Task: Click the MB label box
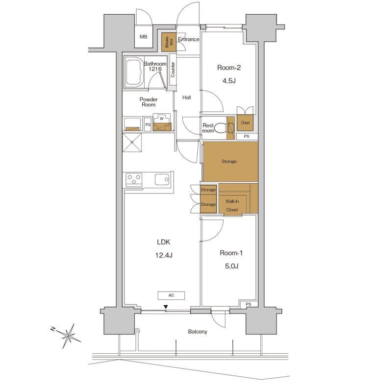pos(144,36)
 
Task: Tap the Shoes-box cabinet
pos(169,42)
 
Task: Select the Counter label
pos(173,70)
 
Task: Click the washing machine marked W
pos(162,122)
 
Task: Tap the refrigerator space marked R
pos(132,142)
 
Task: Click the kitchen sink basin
pos(162,179)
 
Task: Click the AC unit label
pos(171,295)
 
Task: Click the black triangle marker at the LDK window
pos(165,307)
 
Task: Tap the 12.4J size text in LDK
pos(164,255)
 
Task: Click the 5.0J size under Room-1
pos(231,266)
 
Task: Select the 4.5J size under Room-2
pos(229,80)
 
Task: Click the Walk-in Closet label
pos(232,205)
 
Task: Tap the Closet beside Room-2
pos(245,122)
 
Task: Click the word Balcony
pos(198,332)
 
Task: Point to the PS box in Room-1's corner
pos(248,304)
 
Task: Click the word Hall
pos(187,98)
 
